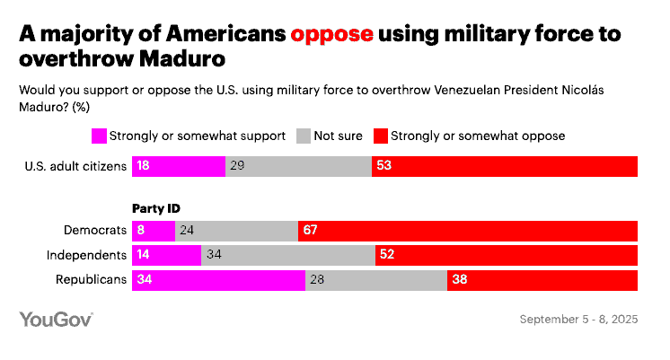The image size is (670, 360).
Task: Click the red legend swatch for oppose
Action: [380, 136]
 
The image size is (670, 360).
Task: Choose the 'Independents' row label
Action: [86, 255]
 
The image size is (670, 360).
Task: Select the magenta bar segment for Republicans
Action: [218, 280]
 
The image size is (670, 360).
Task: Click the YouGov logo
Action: [56, 320]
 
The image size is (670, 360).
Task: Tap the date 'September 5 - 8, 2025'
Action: [579, 320]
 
